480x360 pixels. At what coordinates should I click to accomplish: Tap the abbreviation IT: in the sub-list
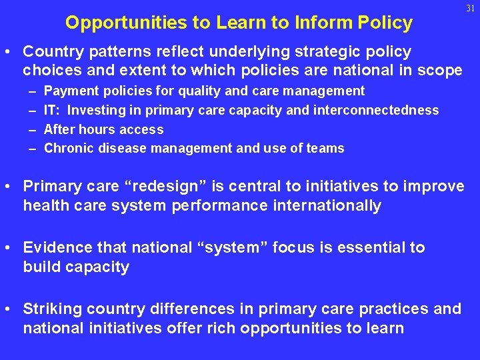coord(53,110)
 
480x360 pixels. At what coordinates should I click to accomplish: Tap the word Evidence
coord(55,248)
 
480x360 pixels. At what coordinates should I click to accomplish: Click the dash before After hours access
coord(32,129)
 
